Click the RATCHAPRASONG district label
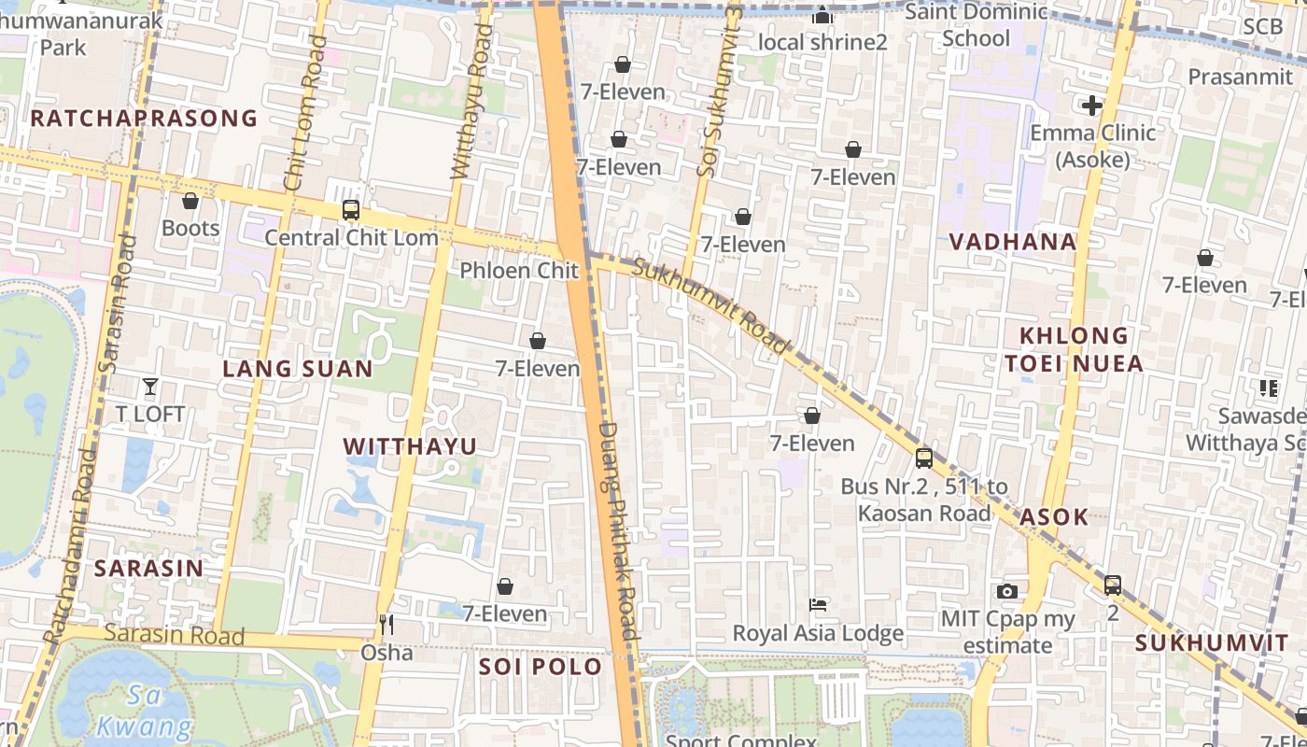(144, 118)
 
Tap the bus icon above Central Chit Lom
(351, 210)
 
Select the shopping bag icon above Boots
(190, 201)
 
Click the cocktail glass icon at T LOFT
(149, 386)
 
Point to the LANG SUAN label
(298, 369)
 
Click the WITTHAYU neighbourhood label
(410, 446)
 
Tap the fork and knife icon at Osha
(386, 625)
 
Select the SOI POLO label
(541, 667)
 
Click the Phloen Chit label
(519, 271)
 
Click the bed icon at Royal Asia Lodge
(818, 605)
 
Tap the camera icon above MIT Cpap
(1006, 591)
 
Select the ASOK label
(1054, 516)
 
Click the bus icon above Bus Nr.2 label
(923, 458)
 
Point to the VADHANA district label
(1013, 242)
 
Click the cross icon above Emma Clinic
(1090, 106)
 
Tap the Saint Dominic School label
(977, 25)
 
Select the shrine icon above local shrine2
(822, 15)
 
